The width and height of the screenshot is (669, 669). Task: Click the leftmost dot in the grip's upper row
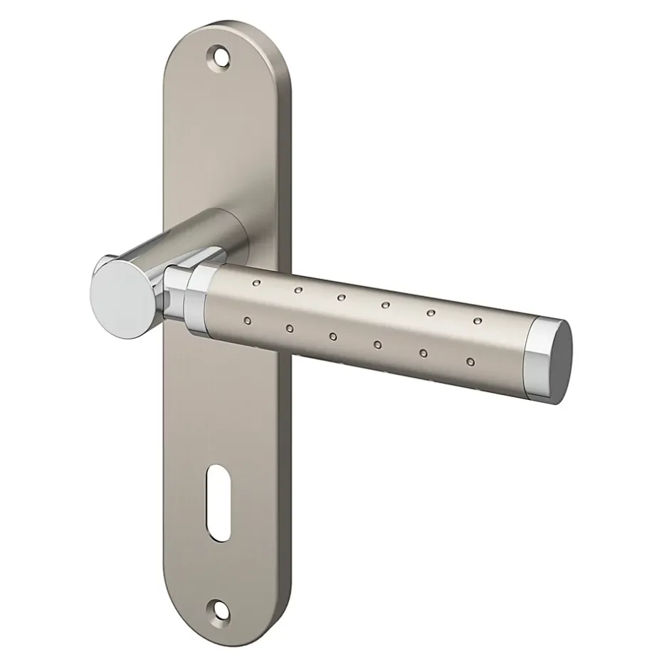click(x=257, y=284)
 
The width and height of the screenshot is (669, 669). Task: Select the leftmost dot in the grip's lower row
click(x=246, y=321)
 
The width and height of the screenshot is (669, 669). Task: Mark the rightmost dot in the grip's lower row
click(x=470, y=362)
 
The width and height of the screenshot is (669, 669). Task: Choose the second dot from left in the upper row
click(x=298, y=290)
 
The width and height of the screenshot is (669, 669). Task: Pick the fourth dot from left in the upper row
click(x=385, y=305)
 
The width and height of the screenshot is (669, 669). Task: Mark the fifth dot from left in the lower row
click(x=423, y=354)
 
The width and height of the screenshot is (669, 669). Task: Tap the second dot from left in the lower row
click(x=289, y=328)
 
